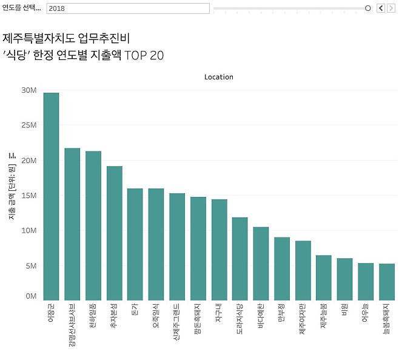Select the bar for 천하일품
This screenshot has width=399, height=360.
pyautogui.click(x=93, y=225)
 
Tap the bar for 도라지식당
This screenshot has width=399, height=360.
pyautogui.click(x=240, y=258)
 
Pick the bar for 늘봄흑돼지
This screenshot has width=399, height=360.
pyautogui.click(x=387, y=281)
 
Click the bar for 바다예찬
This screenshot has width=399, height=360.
pyautogui.click(x=261, y=263)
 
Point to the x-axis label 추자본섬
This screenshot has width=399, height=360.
pyautogui.click(x=114, y=316)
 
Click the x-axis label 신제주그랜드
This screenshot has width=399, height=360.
pyautogui.click(x=177, y=321)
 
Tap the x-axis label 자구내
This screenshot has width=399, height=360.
pyautogui.click(x=219, y=312)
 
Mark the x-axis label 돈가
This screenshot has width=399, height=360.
pyautogui.click(x=135, y=308)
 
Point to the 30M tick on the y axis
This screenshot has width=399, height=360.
pyautogui.click(x=29, y=90)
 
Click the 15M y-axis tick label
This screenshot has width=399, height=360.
pyautogui.click(x=29, y=196)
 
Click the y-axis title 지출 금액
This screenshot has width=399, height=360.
pyautogui.click(x=12, y=188)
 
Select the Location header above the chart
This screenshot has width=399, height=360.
pyautogui.click(x=219, y=77)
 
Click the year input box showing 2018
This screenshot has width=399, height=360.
pyautogui.click(x=128, y=8)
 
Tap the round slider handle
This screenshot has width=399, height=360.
pyautogui.click(x=367, y=8)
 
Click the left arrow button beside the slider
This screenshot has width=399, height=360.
pyautogui.click(x=381, y=8)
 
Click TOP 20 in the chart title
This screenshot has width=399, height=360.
pyautogui.click(x=144, y=55)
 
